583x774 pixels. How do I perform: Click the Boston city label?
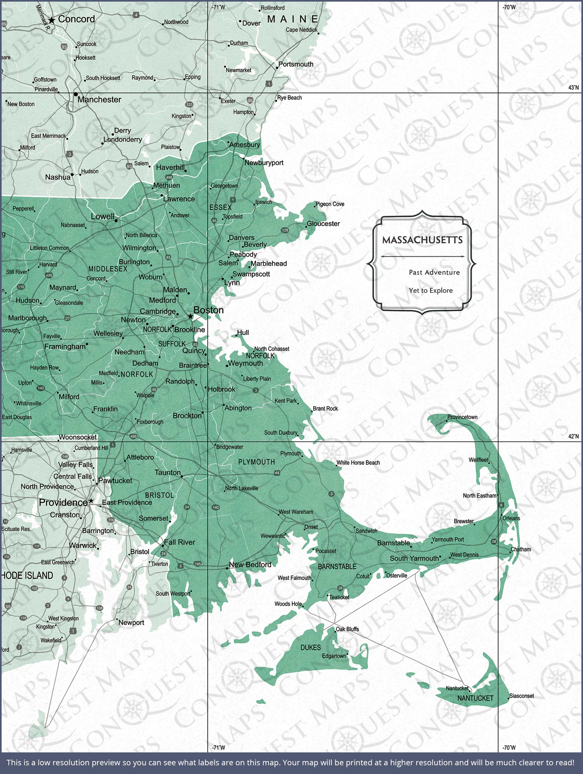point(208,310)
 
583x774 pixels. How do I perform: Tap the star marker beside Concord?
point(52,20)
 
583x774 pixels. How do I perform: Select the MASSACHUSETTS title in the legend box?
point(422,240)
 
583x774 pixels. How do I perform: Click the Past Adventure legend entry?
point(434,272)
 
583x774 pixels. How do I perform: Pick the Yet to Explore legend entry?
point(430,291)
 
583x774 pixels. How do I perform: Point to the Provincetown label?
point(462,417)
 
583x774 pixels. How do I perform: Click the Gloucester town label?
point(323,223)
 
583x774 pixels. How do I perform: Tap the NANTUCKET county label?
point(475,698)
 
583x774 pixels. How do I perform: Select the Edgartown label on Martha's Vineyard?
point(334,656)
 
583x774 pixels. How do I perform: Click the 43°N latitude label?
point(573,87)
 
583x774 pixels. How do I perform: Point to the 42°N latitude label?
point(573,436)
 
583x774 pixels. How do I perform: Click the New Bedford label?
point(250,564)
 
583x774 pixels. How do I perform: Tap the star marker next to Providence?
point(91,501)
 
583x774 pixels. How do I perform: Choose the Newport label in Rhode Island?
point(131,622)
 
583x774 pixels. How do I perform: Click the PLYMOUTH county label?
point(256,462)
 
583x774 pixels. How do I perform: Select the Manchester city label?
point(99,100)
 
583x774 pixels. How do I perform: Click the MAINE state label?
point(292,19)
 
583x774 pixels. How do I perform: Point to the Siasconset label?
point(521,696)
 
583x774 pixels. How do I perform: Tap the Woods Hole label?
point(288,604)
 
